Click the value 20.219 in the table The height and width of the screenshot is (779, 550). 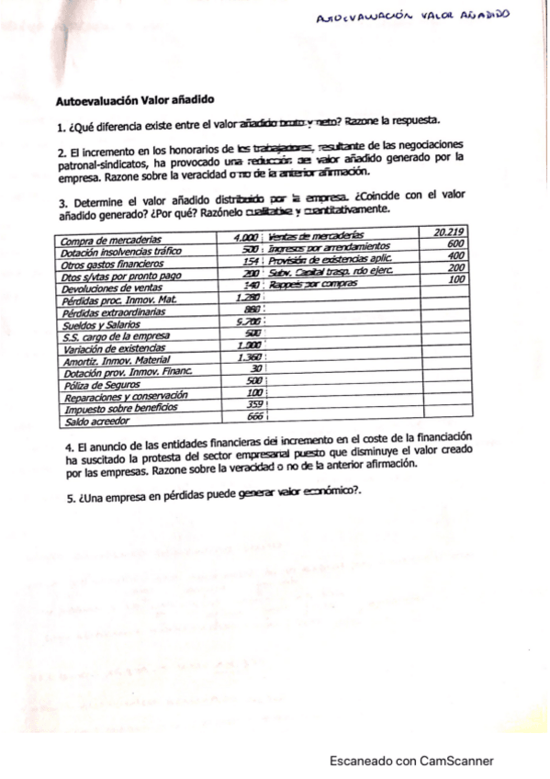449,233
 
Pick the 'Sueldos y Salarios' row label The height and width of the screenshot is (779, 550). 97,324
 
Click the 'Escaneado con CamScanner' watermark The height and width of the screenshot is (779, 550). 411,761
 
